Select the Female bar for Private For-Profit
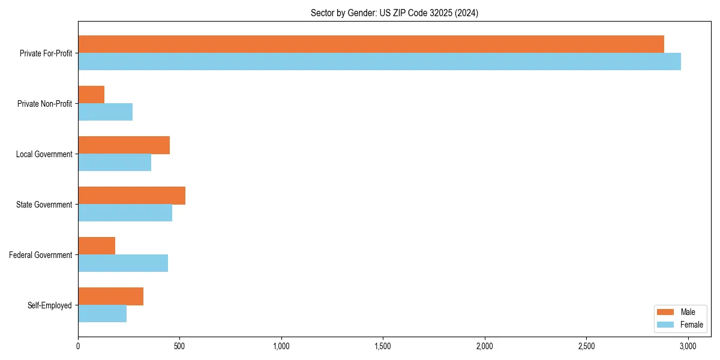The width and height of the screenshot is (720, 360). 379,62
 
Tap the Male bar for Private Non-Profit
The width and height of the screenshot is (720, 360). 91,95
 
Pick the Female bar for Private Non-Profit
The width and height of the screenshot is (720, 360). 105,112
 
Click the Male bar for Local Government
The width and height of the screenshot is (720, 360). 124,145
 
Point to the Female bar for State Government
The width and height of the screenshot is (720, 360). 125,213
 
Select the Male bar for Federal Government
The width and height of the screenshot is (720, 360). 97,246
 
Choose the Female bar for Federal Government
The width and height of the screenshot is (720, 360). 123,263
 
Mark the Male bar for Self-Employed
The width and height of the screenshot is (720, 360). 110,296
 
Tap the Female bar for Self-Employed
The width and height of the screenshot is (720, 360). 102,314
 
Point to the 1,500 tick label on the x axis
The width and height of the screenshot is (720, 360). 383,346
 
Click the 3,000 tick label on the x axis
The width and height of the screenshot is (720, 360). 688,346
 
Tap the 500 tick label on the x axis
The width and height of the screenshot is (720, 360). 179,346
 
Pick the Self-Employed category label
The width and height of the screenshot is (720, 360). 50,305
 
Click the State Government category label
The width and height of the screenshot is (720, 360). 44,205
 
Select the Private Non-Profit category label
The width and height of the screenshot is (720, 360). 44,104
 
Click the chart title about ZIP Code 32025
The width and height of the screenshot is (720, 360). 394,13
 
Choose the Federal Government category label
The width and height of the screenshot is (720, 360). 41,255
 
